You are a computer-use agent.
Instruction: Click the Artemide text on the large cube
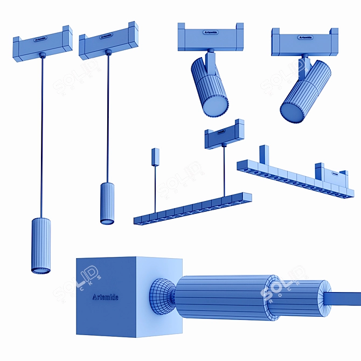106,297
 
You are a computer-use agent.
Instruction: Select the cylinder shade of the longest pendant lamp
41,245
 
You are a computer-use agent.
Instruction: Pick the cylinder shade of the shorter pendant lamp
107,203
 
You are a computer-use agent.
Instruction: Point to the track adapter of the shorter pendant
108,41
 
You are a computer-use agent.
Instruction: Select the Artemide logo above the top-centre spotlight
211,32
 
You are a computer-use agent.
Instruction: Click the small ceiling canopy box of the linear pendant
155,156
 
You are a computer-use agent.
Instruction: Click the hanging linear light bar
192,209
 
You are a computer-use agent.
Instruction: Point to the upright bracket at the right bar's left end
264,155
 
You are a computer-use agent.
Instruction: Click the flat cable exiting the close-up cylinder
348,297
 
